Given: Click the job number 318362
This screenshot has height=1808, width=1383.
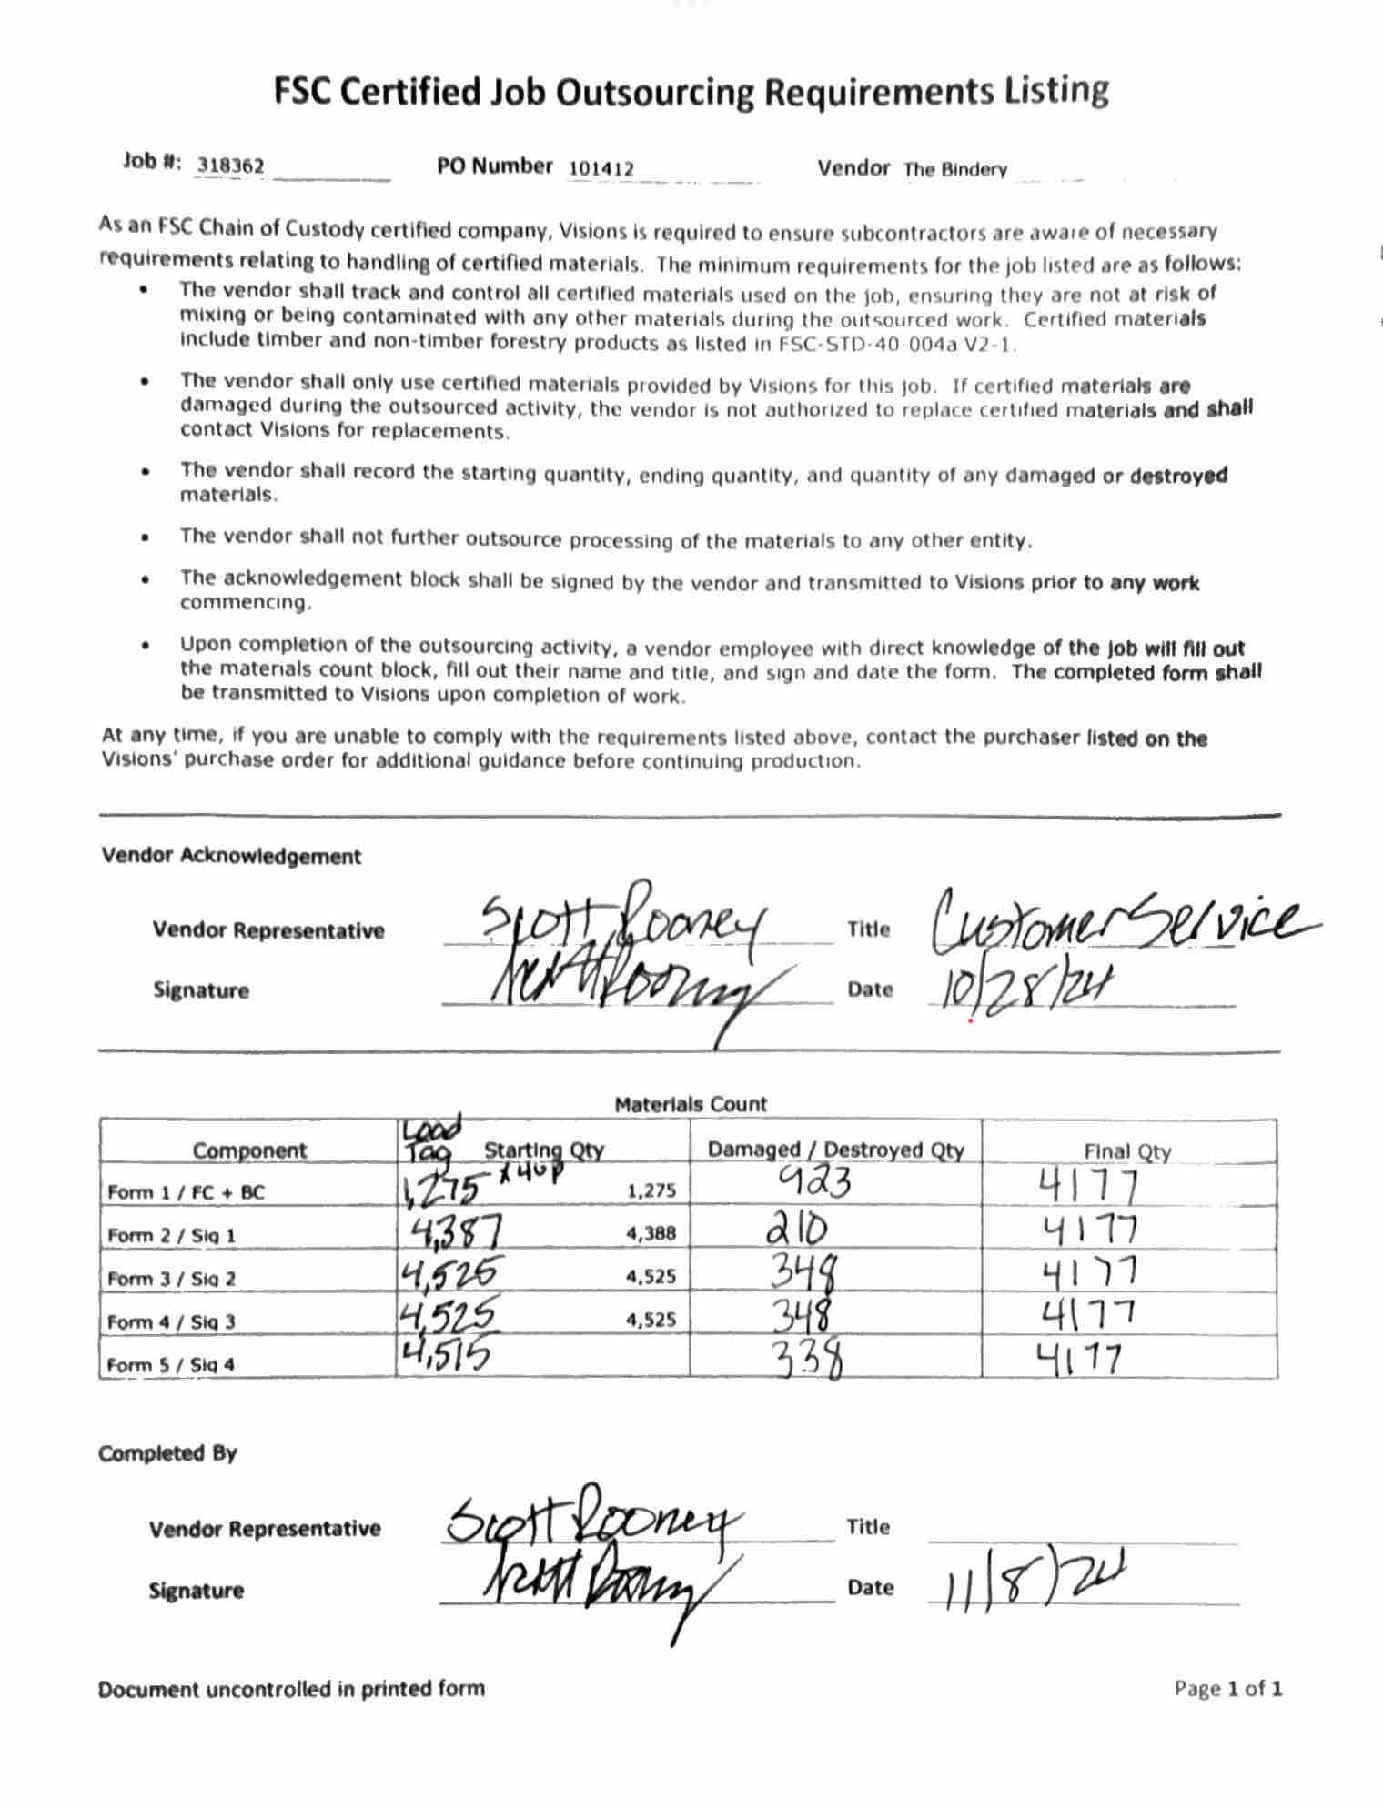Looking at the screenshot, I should [231, 166].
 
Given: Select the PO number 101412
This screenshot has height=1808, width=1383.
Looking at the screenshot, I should [601, 168].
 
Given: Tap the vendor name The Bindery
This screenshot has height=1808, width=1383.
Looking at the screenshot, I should [954, 169].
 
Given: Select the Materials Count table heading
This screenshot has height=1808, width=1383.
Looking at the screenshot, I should [691, 1104].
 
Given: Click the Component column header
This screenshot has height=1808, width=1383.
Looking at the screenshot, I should [248, 1150].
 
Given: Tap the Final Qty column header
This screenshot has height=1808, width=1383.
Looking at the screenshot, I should [1127, 1151].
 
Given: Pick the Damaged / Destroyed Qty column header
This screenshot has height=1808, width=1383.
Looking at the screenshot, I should [835, 1150].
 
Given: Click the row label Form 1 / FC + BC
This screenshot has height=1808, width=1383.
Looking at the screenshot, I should [186, 1191].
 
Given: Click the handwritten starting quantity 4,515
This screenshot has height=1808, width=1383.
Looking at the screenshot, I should [445, 1355].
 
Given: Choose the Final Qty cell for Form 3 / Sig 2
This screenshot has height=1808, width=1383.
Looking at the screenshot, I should [1089, 1272].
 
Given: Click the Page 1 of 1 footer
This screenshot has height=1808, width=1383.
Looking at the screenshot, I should [1227, 1689].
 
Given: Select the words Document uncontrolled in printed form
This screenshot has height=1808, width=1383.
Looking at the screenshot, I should [291, 1689].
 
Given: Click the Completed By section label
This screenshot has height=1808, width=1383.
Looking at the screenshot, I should [167, 1452].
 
